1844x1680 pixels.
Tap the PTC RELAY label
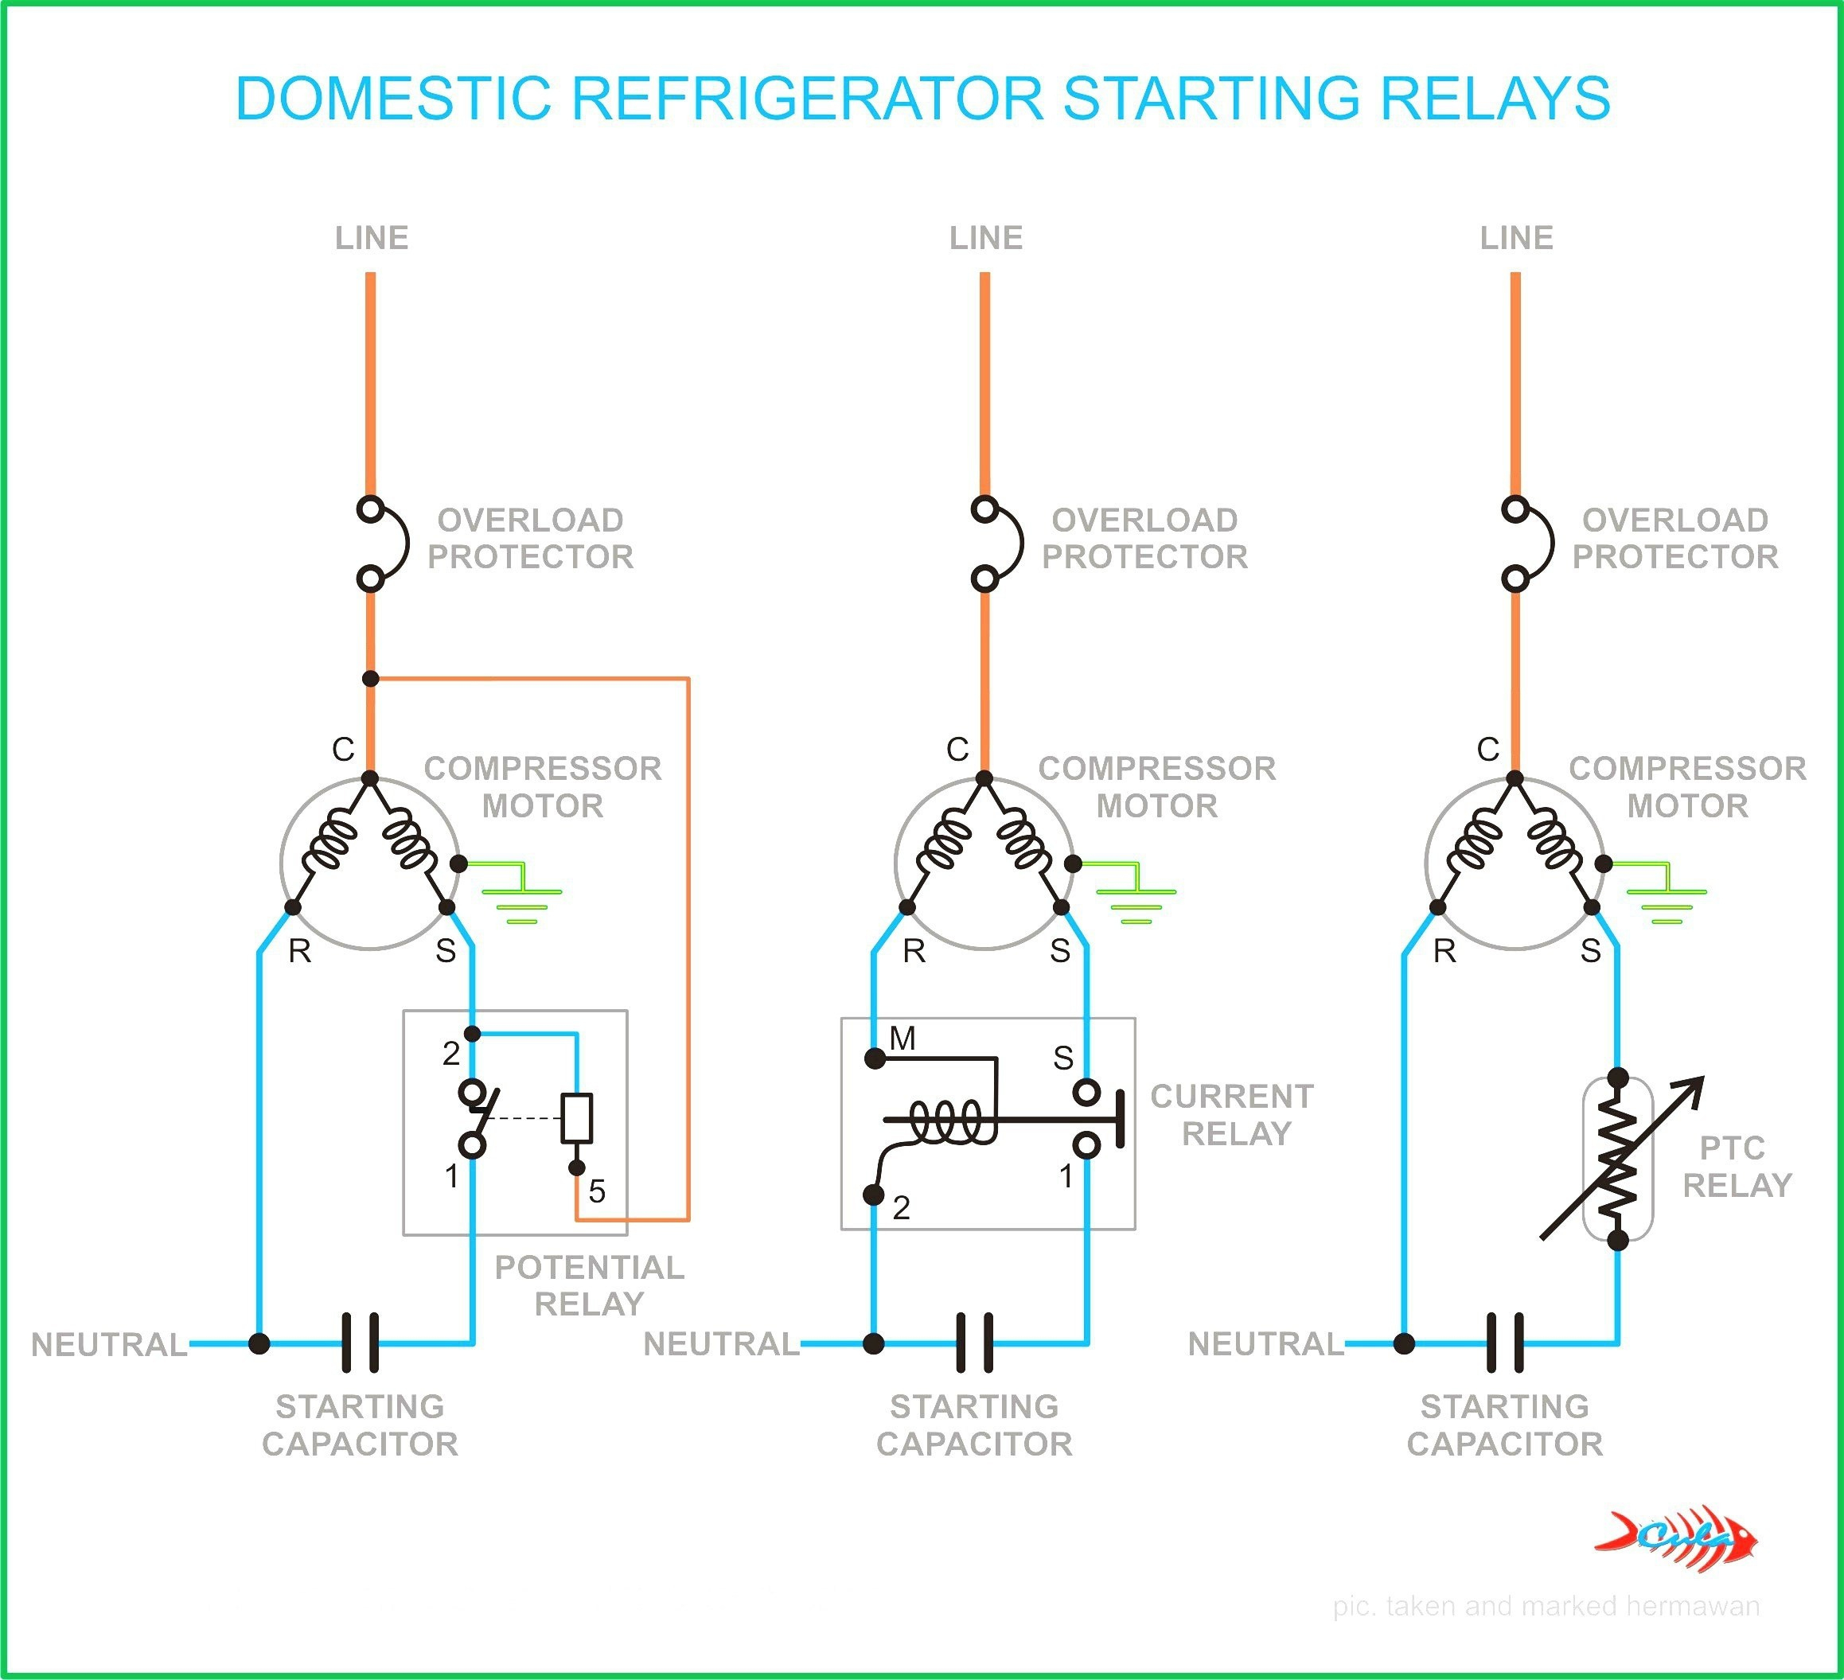[x=1736, y=1166]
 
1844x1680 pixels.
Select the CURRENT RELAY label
[x=1232, y=1114]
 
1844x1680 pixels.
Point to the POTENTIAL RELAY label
[x=589, y=1285]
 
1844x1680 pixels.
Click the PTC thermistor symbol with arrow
[x=1618, y=1159]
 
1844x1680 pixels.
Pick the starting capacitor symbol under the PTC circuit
[x=1506, y=1343]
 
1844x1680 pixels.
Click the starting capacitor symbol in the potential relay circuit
[x=361, y=1343]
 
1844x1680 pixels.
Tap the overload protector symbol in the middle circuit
[x=993, y=544]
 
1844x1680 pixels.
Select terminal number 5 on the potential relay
[x=596, y=1191]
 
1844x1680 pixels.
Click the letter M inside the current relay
[x=902, y=1038]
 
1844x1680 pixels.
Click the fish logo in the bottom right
[x=1677, y=1539]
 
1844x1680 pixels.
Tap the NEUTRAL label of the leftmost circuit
[x=109, y=1343]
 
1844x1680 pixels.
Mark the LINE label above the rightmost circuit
[x=1517, y=238]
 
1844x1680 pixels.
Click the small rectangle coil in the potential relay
[x=576, y=1117]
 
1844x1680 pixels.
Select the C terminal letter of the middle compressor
[x=957, y=750]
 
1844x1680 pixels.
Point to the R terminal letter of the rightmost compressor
[x=1444, y=951]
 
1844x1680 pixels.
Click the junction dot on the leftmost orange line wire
[x=370, y=679]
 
